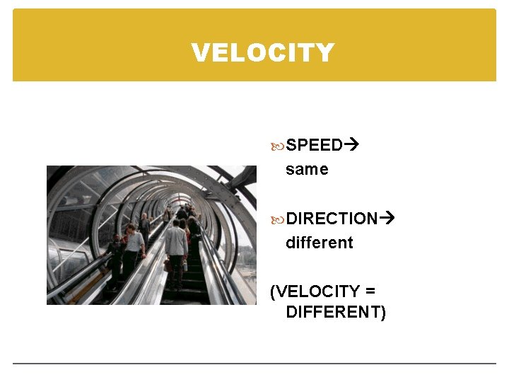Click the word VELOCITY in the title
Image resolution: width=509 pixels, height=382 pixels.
point(262,53)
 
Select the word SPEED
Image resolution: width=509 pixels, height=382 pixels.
point(314,146)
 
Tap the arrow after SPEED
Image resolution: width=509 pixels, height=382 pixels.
point(351,146)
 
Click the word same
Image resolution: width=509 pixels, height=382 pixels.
point(307,170)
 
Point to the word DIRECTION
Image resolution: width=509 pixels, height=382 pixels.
point(332,219)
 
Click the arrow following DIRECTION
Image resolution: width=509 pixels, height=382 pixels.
point(387,219)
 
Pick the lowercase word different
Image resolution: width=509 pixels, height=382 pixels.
point(319,243)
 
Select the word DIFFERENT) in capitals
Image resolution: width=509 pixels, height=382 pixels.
point(336,312)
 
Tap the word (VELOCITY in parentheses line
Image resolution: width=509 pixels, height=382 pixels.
point(316,291)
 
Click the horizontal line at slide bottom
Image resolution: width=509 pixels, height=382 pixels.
point(255,364)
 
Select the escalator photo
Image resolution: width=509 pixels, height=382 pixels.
point(151,235)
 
